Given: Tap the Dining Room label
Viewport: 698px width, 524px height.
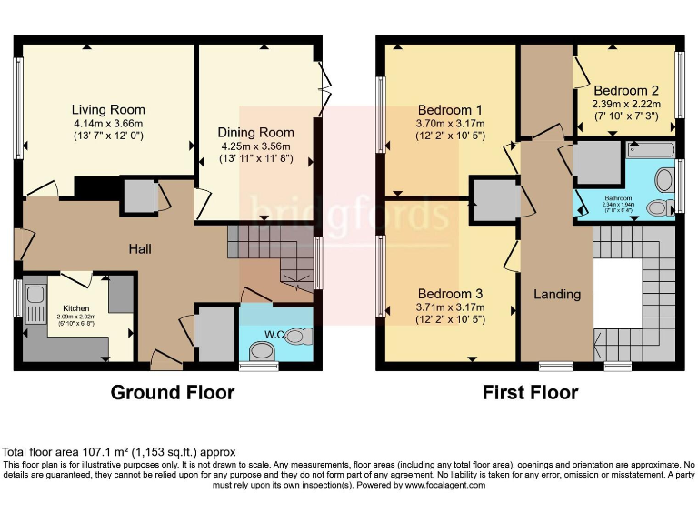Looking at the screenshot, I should (256, 133).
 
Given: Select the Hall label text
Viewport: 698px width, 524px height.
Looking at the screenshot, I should (139, 248).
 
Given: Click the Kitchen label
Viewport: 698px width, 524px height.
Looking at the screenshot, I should (76, 307).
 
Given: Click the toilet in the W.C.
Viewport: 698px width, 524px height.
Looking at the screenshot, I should (304, 338).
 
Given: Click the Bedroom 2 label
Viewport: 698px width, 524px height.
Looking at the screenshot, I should (626, 91).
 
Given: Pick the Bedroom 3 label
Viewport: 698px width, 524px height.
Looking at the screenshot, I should (450, 294).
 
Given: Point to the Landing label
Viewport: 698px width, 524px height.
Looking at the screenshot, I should (556, 294).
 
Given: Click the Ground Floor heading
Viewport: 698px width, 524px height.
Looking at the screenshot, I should (172, 393).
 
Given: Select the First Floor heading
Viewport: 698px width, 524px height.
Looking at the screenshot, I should (530, 393).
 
